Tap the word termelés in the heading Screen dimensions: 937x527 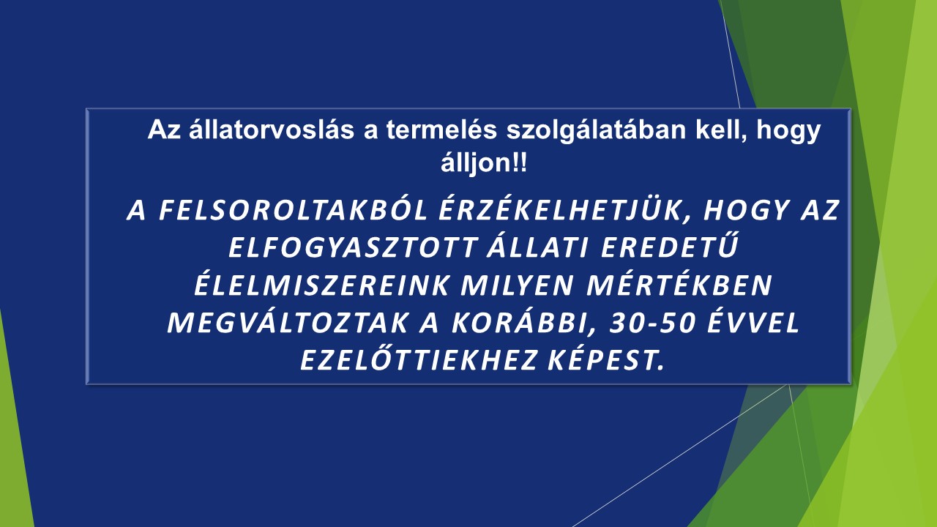(441, 130)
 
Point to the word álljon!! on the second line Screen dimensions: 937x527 (484, 162)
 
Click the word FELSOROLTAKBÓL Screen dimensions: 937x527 (293, 210)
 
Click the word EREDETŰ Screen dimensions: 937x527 (669, 246)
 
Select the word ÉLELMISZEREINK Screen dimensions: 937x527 (321, 284)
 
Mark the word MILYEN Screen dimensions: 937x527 (517, 285)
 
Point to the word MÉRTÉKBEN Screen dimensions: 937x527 (679, 284)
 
